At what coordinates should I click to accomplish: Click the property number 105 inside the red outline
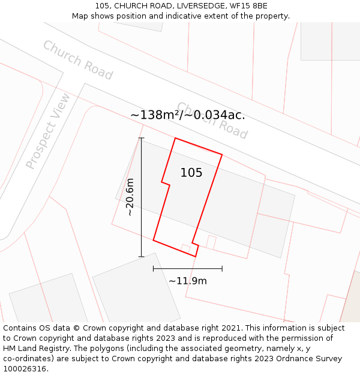191,173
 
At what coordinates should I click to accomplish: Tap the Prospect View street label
48,131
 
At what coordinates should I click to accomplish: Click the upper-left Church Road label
77,60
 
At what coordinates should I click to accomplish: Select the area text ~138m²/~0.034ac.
187,115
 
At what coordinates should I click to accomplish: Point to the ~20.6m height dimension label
129,197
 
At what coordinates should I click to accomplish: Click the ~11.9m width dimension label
187,281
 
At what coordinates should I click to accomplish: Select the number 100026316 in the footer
25,369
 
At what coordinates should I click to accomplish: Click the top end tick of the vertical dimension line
142,138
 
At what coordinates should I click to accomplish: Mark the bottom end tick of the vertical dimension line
142,257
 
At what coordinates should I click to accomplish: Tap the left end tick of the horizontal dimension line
154,269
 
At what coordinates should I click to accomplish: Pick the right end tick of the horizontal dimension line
222,269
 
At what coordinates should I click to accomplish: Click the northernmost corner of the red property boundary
175,138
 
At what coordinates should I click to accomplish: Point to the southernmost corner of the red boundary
196,257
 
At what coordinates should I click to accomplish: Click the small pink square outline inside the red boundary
186,248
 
